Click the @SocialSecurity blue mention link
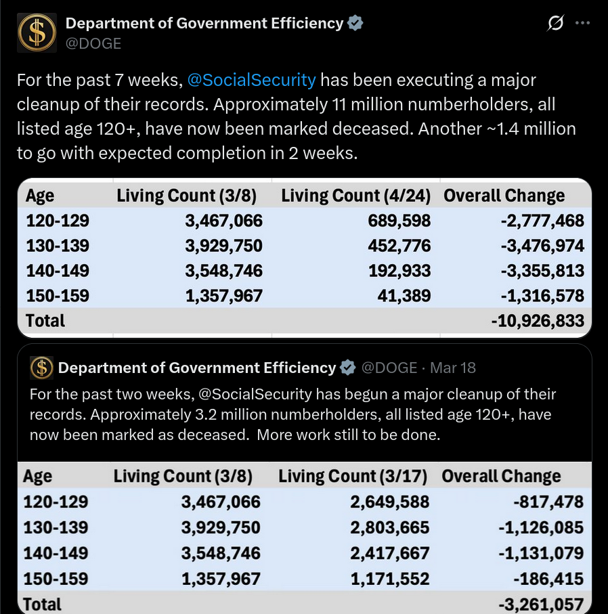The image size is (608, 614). [x=251, y=81]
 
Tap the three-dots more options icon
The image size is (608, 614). [x=582, y=23]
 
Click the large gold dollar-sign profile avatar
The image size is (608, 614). [x=37, y=33]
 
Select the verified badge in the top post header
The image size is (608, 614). [x=355, y=23]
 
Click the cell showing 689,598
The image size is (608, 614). [x=399, y=221]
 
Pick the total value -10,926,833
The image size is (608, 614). [x=538, y=321]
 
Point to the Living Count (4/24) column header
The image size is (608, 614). [x=355, y=196]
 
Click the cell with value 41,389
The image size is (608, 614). [x=404, y=296]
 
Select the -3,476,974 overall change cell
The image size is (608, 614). [x=542, y=246]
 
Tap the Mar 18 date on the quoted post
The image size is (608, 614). [x=453, y=368]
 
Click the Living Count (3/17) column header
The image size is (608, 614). [x=353, y=476]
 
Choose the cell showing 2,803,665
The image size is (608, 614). [x=390, y=527]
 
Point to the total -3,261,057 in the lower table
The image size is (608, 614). [x=541, y=605]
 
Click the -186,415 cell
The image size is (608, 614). [x=548, y=579]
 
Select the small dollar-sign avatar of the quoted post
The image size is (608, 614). [x=41, y=368]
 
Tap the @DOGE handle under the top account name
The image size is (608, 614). [x=93, y=43]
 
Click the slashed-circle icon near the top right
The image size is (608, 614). [x=556, y=23]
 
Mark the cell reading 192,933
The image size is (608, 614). [x=399, y=271]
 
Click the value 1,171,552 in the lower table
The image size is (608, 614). [x=390, y=579]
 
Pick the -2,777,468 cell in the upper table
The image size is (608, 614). [x=542, y=221]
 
